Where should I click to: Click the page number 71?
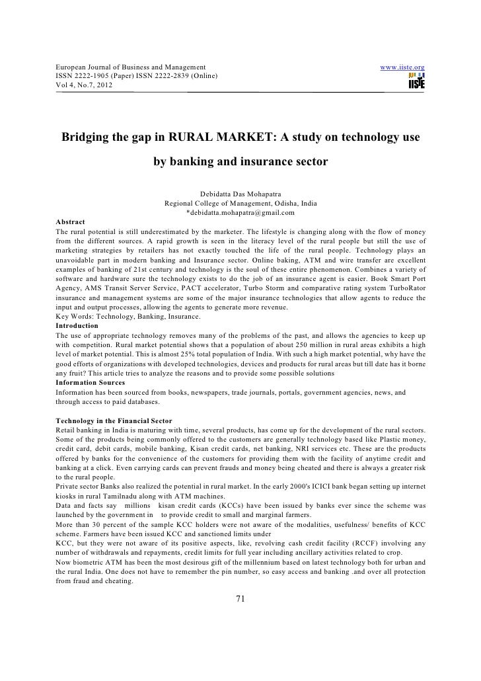(240, 599)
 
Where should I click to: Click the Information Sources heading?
(91, 383)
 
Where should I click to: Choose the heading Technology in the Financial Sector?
(114, 421)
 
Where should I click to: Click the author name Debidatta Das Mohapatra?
(240, 194)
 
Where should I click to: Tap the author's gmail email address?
(240, 212)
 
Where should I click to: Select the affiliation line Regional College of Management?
(240, 203)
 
